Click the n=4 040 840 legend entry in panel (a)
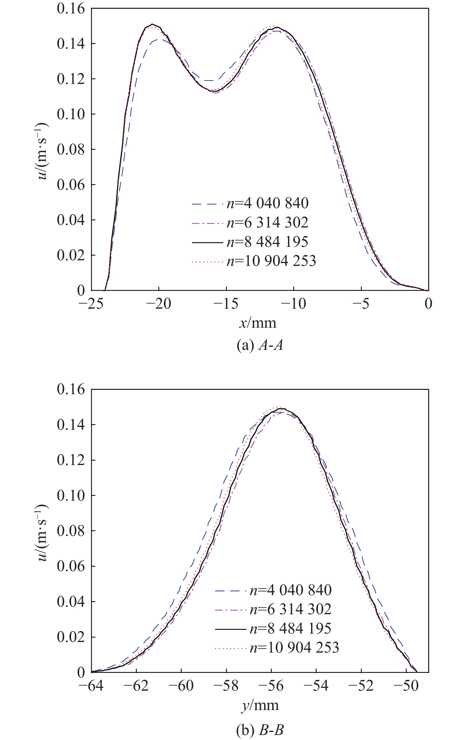[x=267, y=203]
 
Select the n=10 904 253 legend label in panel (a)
[x=271, y=261]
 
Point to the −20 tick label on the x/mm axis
[x=159, y=303]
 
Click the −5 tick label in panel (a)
[x=361, y=303]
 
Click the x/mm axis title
[x=258, y=323]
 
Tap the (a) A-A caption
[x=260, y=345]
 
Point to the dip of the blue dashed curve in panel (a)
[x=209, y=81]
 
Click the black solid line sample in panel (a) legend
[x=207, y=242]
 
